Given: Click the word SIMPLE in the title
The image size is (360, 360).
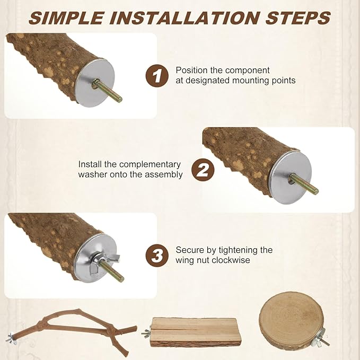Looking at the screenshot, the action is pyautogui.click(x=66, y=17).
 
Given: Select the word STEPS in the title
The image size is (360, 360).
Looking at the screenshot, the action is pyautogui.click(x=298, y=17).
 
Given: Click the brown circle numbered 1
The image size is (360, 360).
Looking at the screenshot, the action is pyautogui.click(x=157, y=75).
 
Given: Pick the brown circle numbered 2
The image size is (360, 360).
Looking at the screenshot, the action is pyautogui.click(x=203, y=170).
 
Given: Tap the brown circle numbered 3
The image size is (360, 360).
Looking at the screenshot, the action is pyautogui.click(x=157, y=256).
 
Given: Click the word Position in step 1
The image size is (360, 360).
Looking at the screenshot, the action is pyautogui.click(x=192, y=71).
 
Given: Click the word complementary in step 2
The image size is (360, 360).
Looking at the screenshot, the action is pyautogui.click(x=150, y=164).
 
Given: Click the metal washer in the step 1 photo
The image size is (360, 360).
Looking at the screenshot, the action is pyautogui.click(x=95, y=83).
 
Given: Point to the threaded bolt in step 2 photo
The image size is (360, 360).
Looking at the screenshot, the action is pyautogui.click(x=303, y=183).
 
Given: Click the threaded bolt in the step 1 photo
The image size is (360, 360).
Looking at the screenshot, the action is pyautogui.click(x=108, y=90).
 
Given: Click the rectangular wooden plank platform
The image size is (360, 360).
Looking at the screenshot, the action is pyautogui.click(x=195, y=332).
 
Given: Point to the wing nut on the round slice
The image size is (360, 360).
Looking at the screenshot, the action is pyautogui.click(x=322, y=337).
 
